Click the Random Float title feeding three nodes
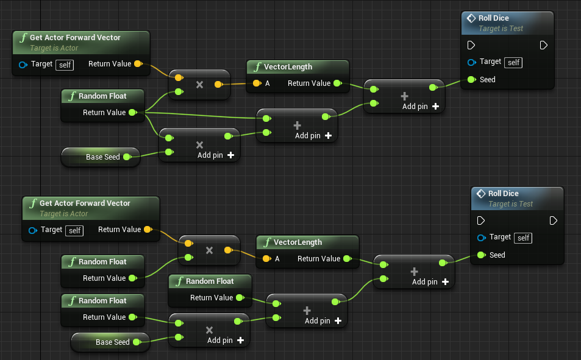point(102,96)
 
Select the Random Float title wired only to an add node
point(209,281)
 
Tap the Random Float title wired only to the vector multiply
point(102,261)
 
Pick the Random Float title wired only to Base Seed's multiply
point(102,300)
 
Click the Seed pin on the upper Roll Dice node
point(471,80)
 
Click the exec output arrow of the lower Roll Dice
point(553,220)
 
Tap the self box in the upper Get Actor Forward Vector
point(65,65)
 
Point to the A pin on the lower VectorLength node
point(266,259)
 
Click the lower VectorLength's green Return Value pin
point(347,259)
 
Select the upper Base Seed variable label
point(102,157)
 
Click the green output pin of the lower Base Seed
point(136,342)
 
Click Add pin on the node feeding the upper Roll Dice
point(420,107)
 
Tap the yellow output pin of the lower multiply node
point(227,250)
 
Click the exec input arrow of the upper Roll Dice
point(471,45)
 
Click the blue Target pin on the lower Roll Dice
point(481,238)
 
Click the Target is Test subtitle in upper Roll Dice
point(501,29)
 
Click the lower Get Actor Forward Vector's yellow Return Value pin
point(147,230)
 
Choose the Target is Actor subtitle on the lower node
point(63,214)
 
